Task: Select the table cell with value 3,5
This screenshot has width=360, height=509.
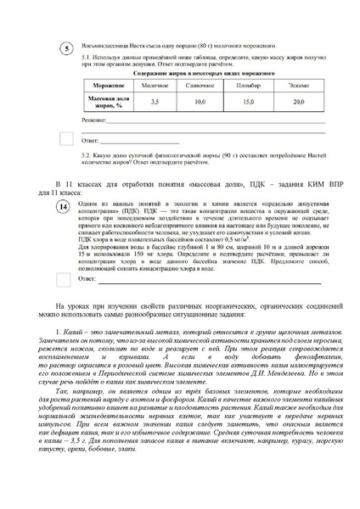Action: click(153, 101)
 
